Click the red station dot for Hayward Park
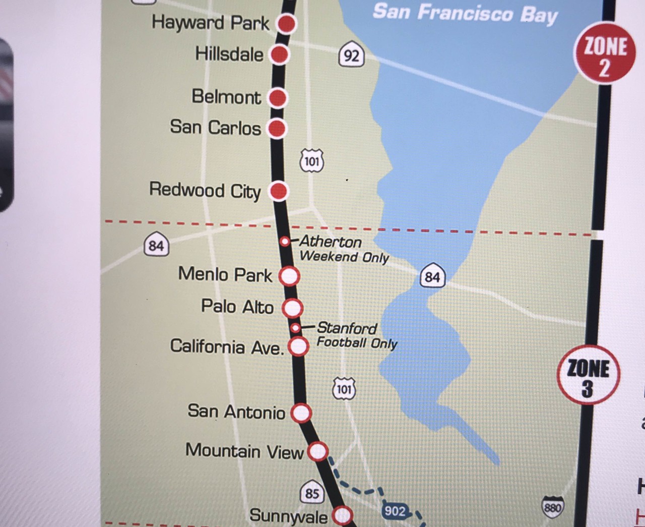click(286, 24)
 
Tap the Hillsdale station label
click(229, 54)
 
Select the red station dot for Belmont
click(277, 98)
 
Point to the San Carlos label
click(215, 127)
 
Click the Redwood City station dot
click(279, 191)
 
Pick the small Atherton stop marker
click(285, 242)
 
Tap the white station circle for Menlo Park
click(289, 276)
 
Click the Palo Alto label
click(237, 306)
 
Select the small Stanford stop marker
click(296, 328)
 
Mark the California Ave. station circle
click(298, 346)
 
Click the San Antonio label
click(236, 412)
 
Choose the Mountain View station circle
click(318, 451)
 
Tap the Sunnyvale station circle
click(343, 515)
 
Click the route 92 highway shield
click(351, 54)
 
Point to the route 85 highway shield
click(312, 493)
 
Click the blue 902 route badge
click(395, 511)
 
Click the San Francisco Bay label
click(465, 13)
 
